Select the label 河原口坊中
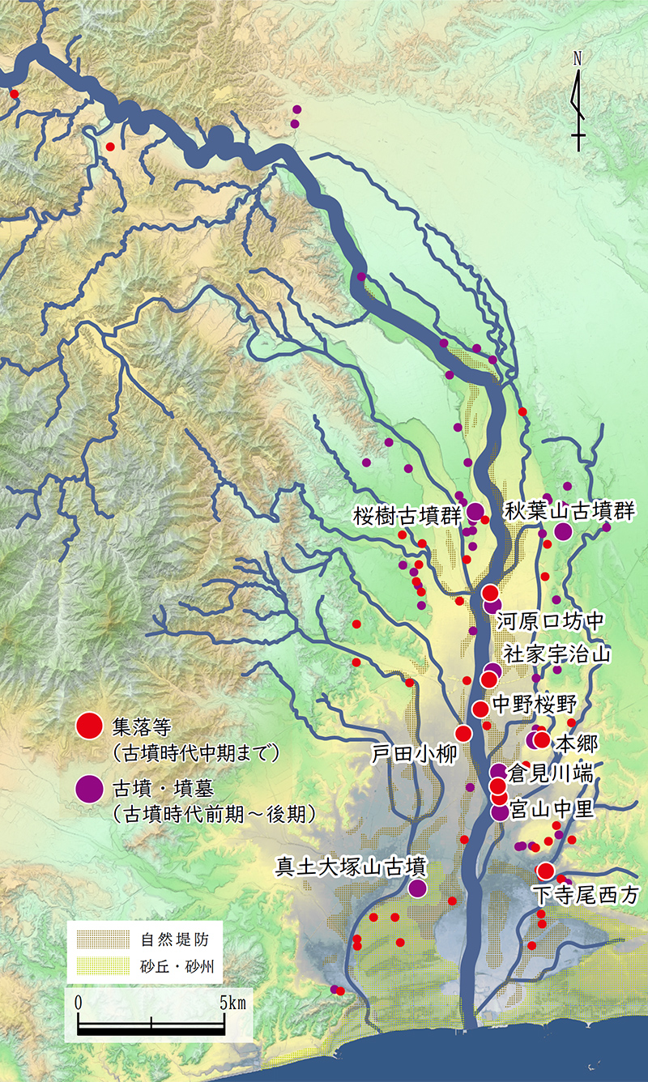click(551, 622)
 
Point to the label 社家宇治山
click(556, 654)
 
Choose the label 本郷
click(575, 743)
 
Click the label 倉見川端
click(550, 775)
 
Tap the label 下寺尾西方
click(586, 895)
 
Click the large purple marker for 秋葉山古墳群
click(563, 532)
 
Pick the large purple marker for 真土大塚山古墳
click(417, 888)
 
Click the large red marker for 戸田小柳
click(463, 733)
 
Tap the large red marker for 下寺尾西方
click(545, 871)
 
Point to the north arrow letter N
click(578, 58)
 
